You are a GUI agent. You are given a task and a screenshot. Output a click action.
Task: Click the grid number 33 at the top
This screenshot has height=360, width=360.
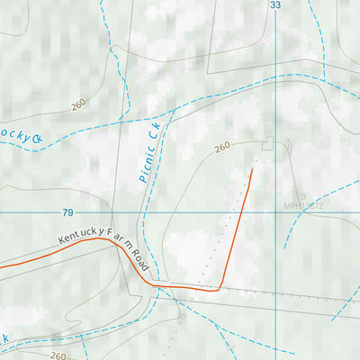(275, 5)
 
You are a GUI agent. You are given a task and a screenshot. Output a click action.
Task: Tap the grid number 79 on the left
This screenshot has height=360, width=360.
(67, 213)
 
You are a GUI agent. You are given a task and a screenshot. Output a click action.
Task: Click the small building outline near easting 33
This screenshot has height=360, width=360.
(267, 142)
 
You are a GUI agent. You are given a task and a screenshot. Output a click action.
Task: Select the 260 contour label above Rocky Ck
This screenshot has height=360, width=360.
(78, 104)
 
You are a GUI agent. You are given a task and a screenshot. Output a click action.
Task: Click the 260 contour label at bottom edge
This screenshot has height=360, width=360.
(58, 355)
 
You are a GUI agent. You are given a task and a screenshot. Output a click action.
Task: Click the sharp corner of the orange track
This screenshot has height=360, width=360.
(219, 289)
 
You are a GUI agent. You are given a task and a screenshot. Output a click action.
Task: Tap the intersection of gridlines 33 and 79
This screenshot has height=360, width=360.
(275, 213)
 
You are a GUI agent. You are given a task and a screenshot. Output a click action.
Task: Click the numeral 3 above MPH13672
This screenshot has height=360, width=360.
(303, 196)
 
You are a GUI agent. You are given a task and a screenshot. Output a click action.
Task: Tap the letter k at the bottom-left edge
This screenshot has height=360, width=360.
(4, 339)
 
